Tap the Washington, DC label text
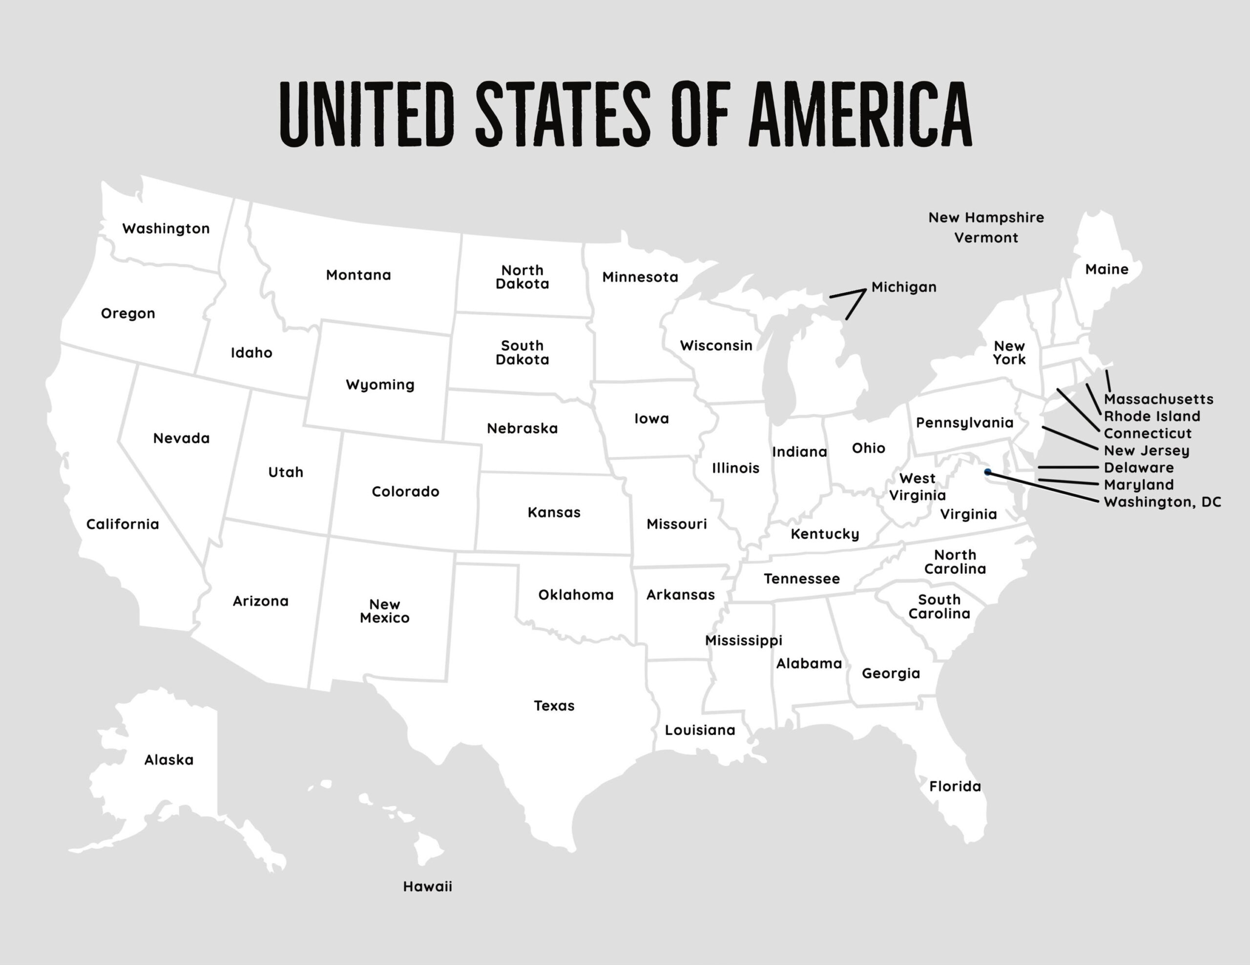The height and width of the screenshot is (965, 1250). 1162,502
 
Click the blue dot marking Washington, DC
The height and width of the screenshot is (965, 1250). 987,472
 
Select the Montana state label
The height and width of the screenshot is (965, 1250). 358,275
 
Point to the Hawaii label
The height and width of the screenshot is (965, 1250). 427,886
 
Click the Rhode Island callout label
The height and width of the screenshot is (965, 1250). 1151,417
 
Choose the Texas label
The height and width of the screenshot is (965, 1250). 553,706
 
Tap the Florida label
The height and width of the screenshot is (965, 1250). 955,786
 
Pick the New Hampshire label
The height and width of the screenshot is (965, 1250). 985,218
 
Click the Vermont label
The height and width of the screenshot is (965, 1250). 985,238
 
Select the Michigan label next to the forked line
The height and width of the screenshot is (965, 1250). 904,287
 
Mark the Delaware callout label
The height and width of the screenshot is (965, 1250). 1138,468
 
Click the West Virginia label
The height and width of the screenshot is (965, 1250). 917,487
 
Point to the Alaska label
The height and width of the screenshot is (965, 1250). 169,760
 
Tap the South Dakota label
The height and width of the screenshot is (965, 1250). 522,353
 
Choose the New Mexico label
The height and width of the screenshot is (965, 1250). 385,611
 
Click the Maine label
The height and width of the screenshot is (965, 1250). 1106,269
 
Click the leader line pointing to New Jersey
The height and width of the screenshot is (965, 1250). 1069,438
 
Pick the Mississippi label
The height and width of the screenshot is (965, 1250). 743,641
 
